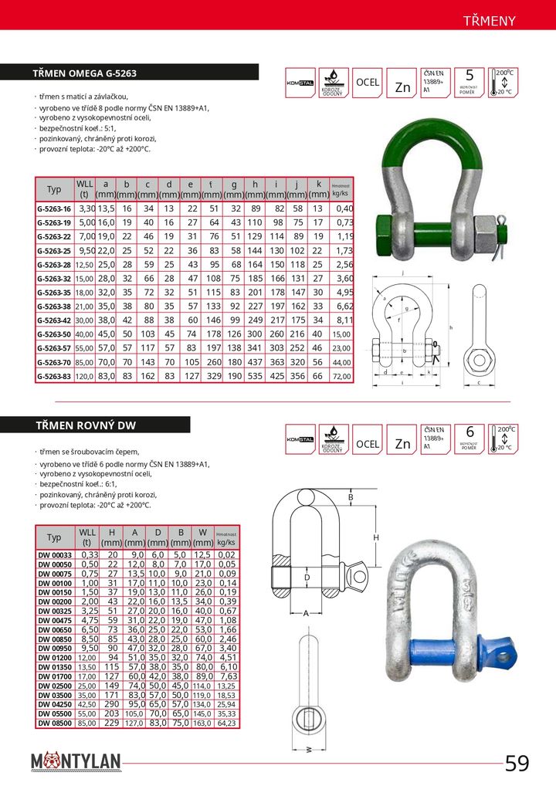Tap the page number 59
point(517,764)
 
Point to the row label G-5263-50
point(54,334)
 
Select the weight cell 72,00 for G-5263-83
point(341,376)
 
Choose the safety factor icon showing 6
point(470,437)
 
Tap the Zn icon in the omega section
point(403,87)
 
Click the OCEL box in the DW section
point(368,444)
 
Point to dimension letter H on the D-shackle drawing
point(377,537)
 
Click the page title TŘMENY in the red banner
point(490,20)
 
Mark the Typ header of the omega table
point(54,189)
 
